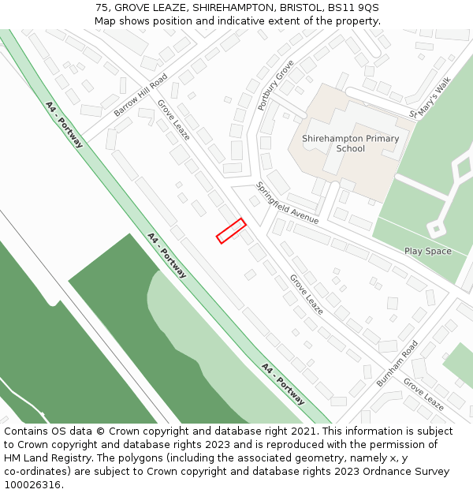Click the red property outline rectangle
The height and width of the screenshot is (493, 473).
(231, 230)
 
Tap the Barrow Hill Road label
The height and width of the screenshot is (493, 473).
(141, 95)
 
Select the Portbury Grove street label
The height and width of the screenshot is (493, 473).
(276, 84)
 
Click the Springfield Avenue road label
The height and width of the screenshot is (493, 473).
(287, 203)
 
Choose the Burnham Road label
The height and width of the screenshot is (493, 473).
(397, 364)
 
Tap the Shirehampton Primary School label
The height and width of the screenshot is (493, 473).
(350, 144)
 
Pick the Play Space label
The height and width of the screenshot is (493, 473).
(428, 252)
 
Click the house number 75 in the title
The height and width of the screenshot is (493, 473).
(102, 8)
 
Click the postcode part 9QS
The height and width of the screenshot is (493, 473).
(366, 8)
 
